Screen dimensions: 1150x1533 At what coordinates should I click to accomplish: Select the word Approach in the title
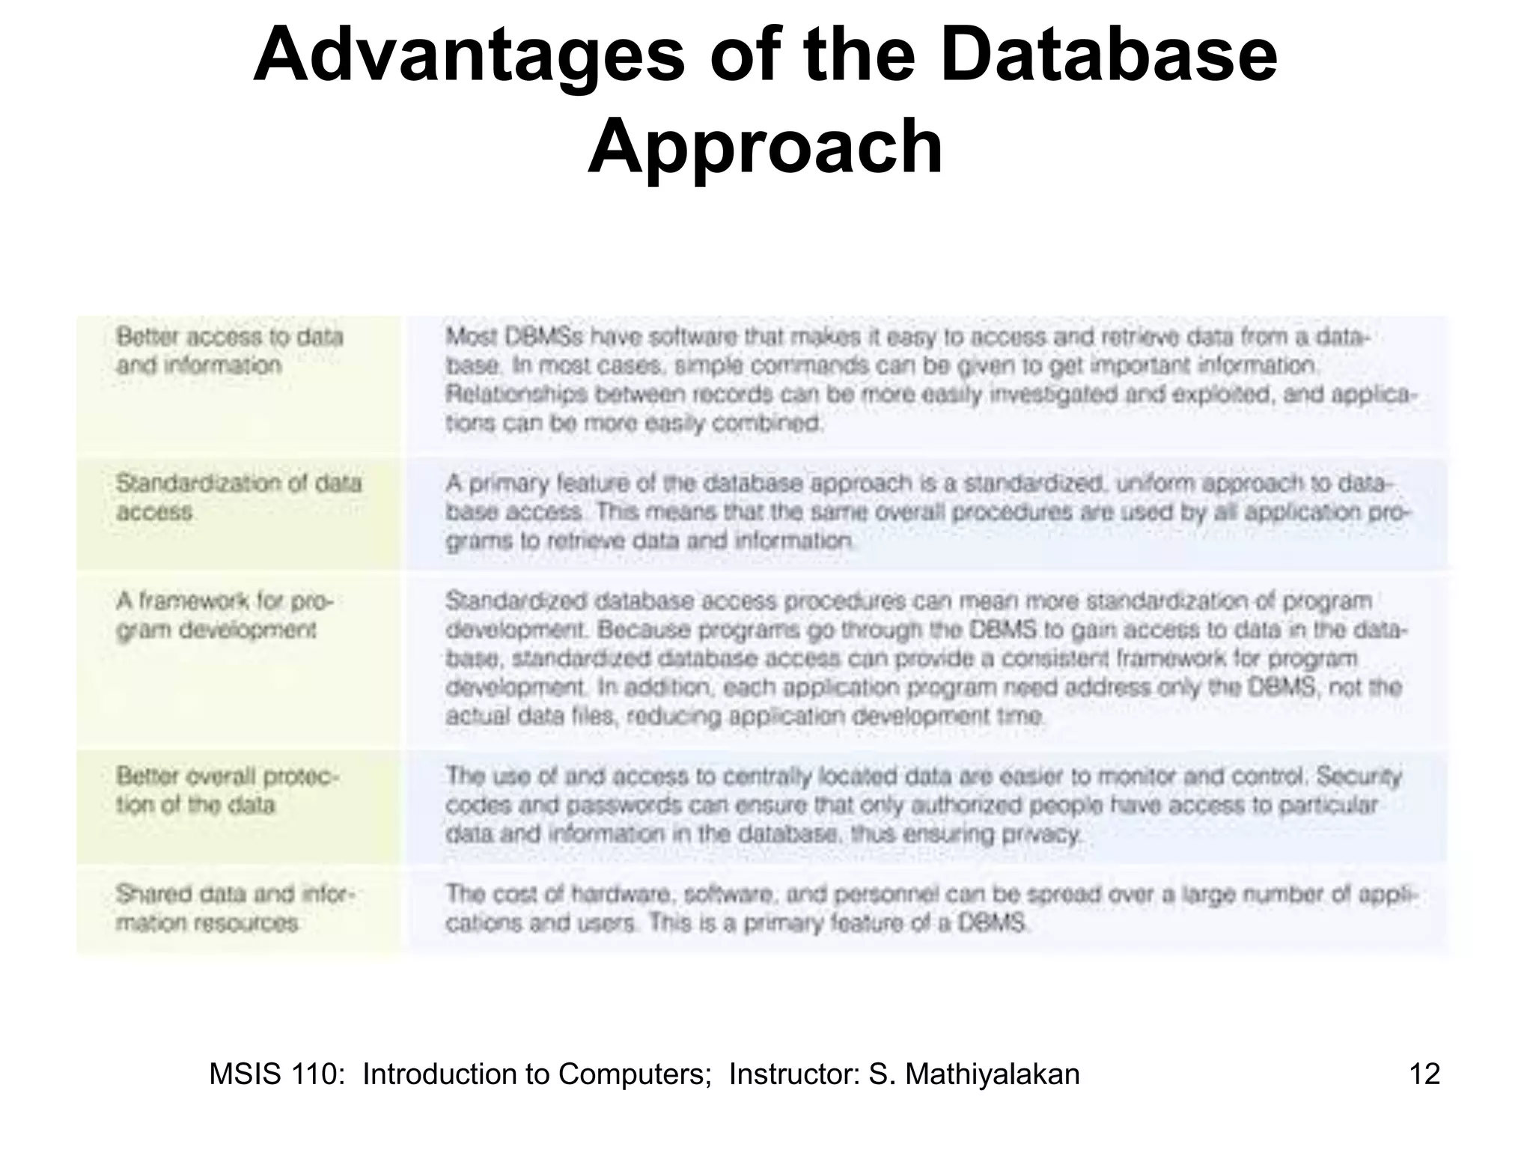click(x=764, y=146)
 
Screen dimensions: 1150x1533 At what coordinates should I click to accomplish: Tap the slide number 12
click(x=1424, y=1074)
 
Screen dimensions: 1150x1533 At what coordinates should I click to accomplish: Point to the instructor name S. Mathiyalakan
click(x=973, y=1074)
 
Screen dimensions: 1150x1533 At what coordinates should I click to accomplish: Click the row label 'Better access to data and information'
click(x=229, y=351)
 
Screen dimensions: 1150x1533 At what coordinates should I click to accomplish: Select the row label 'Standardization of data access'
click(x=238, y=497)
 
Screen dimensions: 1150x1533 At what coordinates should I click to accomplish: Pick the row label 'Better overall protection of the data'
click(x=228, y=791)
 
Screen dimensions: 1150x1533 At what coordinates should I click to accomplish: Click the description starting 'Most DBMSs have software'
click(x=928, y=380)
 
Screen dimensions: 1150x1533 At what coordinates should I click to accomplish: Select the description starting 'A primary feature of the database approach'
click(x=928, y=512)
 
